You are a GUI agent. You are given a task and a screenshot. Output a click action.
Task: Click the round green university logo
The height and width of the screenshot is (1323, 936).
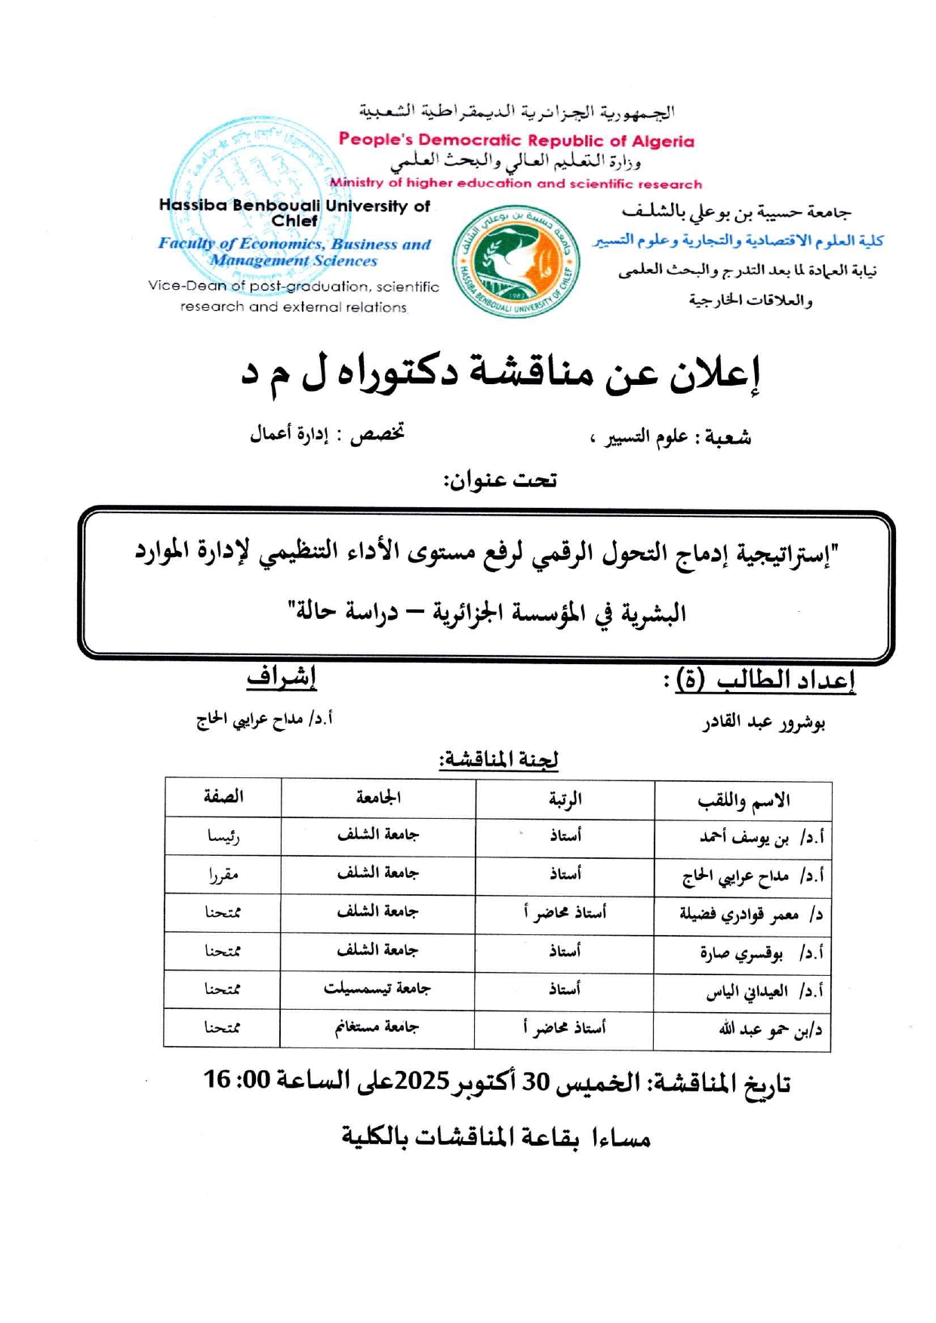tap(516, 261)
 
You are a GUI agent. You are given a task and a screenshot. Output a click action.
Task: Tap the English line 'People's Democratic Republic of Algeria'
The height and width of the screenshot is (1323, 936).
tap(516, 140)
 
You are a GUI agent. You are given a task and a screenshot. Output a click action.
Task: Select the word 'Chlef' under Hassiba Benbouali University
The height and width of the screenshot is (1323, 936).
tap(294, 221)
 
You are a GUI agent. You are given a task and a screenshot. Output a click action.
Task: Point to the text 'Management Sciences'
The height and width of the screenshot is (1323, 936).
tap(294, 261)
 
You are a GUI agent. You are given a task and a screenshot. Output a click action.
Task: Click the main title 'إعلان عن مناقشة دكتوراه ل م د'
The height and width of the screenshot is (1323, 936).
tap(500, 374)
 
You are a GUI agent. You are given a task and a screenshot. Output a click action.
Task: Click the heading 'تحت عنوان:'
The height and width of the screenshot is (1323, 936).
tap(500, 480)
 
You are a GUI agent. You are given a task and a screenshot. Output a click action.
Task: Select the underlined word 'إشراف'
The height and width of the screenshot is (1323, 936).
tap(281, 677)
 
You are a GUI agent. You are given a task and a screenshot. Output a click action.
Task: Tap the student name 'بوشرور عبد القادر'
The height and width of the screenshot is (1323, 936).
tap(763, 722)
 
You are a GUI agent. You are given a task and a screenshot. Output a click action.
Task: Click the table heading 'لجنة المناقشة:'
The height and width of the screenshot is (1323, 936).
tap(499, 758)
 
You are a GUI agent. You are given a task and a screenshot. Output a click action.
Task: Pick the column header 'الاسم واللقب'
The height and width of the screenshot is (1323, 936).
tap(743, 800)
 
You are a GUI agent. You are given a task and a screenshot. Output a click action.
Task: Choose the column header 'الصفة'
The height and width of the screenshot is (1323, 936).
tap(223, 797)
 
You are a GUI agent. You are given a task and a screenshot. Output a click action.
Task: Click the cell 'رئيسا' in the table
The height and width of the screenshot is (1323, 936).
tap(223, 836)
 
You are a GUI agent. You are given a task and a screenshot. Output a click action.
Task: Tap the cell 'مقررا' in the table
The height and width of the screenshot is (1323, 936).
tap(223, 875)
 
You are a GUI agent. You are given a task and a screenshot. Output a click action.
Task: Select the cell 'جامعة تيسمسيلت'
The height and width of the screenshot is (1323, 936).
tap(377, 989)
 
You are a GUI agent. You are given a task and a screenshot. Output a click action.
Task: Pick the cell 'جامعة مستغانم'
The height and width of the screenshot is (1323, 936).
tap(377, 1027)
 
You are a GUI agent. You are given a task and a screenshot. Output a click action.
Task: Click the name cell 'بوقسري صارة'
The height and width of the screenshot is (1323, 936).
tap(741, 953)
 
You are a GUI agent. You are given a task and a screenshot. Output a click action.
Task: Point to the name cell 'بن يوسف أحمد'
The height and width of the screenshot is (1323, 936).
tap(744, 838)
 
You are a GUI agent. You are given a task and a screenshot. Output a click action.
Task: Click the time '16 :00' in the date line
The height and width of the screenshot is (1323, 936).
tap(236, 1080)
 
